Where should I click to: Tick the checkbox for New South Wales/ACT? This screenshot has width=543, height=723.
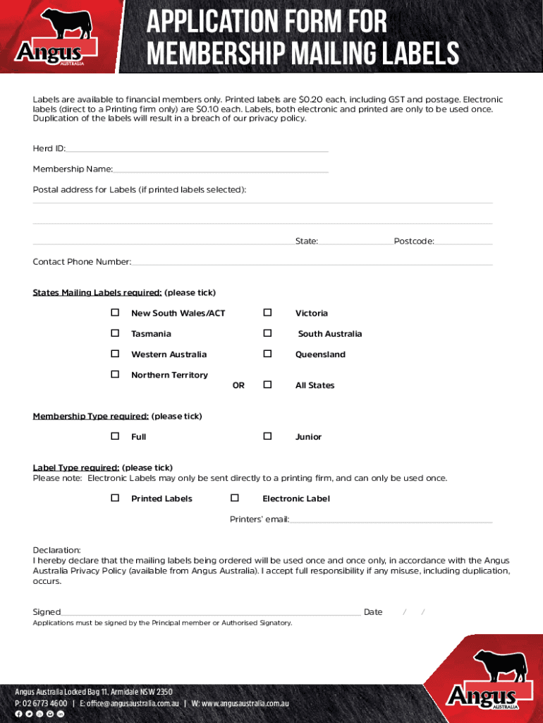(115, 313)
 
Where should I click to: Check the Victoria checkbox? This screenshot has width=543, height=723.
(268, 313)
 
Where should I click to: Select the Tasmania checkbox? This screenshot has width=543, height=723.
(115, 333)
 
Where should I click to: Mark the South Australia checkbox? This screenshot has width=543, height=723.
(268, 333)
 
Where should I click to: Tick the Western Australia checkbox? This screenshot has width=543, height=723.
(115, 354)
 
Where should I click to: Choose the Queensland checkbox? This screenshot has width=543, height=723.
(268, 354)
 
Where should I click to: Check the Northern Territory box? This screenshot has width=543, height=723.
(115, 374)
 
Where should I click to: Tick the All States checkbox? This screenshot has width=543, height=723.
(268, 385)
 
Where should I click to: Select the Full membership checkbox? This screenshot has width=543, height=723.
(115, 436)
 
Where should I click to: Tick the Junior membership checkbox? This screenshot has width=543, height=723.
(268, 436)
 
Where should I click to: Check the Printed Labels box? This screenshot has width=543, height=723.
(115, 498)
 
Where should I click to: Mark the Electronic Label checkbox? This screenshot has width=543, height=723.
(235, 498)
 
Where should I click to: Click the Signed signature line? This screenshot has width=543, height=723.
(211, 612)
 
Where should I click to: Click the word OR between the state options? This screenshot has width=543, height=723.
(238, 386)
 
